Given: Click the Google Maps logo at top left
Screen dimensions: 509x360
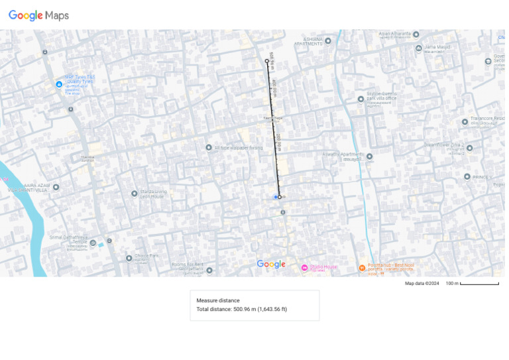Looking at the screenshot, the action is pyautogui.click(x=38, y=15).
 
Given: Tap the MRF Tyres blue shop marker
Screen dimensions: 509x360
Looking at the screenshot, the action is pyautogui.click(x=59, y=84).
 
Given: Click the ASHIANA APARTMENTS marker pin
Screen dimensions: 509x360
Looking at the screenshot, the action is pyautogui.click(x=327, y=40).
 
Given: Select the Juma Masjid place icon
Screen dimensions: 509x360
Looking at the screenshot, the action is pyautogui.click(x=418, y=48).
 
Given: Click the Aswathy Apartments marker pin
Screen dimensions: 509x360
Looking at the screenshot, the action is pyautogui.click(x=369, y=156).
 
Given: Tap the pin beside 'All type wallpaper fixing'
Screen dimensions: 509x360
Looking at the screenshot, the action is pyautogui.click(x=209, y=147).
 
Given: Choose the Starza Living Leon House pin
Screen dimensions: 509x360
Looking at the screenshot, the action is pyautogui.click(x=135, y=194).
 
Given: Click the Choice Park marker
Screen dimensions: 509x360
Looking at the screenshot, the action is pyautogui.click(x=129, y=258).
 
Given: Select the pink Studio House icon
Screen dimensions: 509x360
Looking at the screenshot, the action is pyautogui.click(x=304, y=268).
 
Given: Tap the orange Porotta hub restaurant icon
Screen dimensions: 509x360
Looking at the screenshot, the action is pyautogui.click(x=362, y=268).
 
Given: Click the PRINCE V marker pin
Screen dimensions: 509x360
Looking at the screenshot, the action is pyautogui.click(x=467, y=176).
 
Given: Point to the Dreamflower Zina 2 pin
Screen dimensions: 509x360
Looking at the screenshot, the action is pyautogui.click(x=469, y=148).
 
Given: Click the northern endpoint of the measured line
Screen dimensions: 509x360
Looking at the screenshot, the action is pyautogui.click(x=267, y=61).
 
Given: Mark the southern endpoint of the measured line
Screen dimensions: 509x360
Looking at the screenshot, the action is pyautogui.click(x=280, y=197).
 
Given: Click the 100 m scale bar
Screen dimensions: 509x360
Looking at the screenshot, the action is pyautogui.click(x=479, y=284).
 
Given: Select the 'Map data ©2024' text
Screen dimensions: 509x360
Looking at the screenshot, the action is pyautogui.click(x=422, y=284).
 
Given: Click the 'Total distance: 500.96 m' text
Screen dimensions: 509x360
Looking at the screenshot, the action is pyautogui.click(x=241, y=309).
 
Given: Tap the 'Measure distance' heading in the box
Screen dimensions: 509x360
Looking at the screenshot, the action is pyautogui.click(x=218, y=300).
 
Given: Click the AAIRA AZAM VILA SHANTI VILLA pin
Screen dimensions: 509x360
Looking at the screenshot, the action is pyautogui.click(x=56, y=187).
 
